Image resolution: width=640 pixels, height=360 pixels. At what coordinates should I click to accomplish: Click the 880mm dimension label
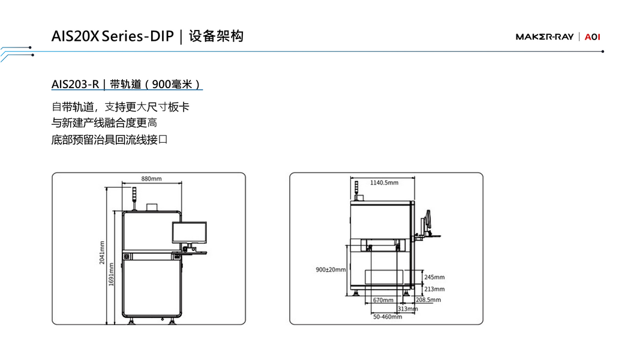151,179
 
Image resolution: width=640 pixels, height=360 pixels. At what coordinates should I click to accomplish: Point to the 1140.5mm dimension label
384,182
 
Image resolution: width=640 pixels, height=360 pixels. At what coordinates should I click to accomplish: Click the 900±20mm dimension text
331,270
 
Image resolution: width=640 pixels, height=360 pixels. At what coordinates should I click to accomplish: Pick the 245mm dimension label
434,277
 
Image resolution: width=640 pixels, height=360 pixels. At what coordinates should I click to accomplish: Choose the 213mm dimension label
434,289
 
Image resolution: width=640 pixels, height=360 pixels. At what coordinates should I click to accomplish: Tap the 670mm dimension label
383,300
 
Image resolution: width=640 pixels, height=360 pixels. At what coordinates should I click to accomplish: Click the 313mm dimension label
407,308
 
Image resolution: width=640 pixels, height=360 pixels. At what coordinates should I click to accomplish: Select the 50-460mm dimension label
387,316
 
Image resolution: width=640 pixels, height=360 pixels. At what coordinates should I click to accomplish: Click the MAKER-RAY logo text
545,37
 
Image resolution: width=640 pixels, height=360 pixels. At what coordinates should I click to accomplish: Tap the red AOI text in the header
593,37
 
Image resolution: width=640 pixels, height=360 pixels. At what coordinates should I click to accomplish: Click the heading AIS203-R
75,84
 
